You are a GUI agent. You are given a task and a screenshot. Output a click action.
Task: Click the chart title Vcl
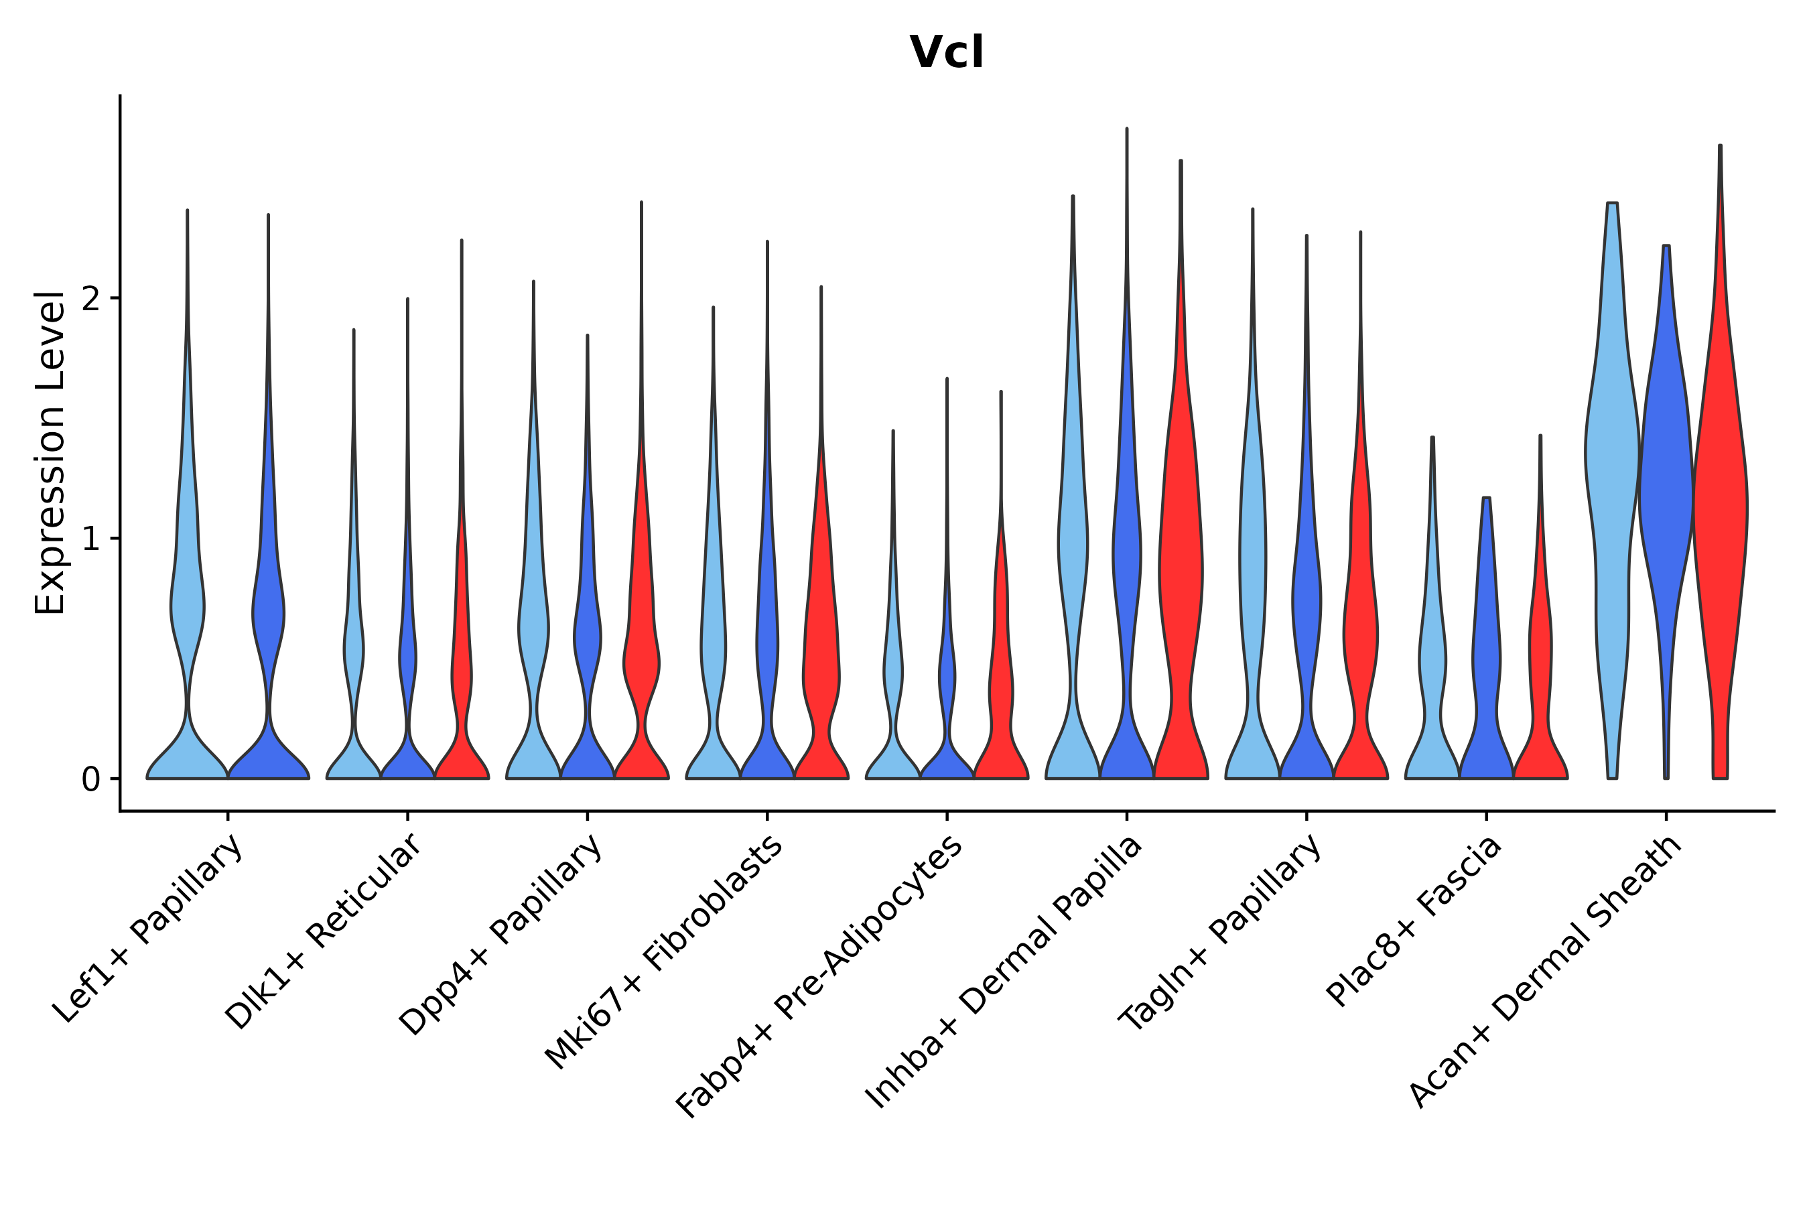coord(946,53)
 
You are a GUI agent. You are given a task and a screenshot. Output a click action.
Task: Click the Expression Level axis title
coord(50,453)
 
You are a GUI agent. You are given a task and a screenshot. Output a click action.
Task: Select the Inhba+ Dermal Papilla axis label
coord(1003,972)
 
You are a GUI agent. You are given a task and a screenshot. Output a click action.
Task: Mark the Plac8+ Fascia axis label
coord(1414,921)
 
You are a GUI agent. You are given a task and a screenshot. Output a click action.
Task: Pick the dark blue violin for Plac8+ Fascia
coord(1486,654)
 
